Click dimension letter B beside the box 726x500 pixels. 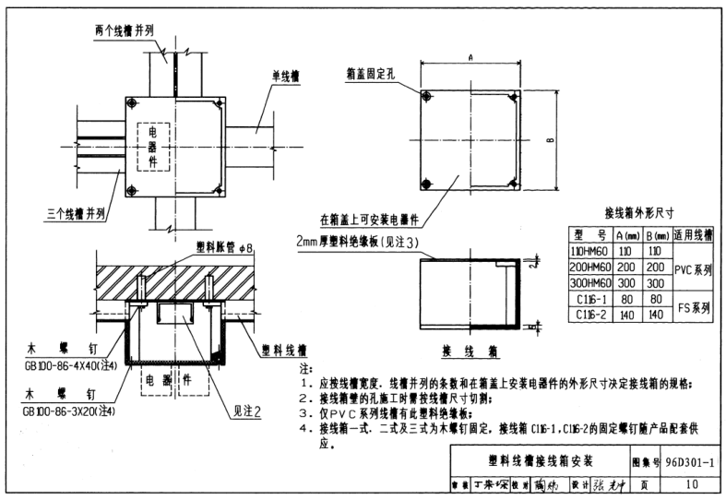click(x=550, y=140)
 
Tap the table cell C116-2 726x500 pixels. click(x=589, y=315)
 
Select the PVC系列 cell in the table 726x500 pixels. click(x=694, y=270)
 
